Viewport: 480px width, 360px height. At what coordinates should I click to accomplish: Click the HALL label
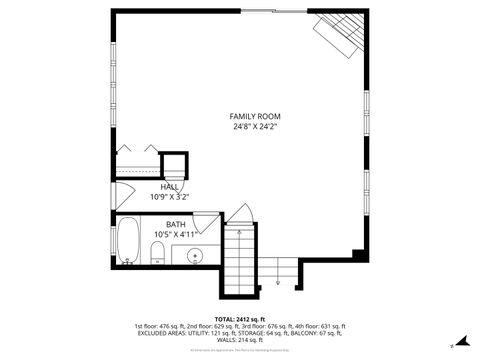[x=170, y=187]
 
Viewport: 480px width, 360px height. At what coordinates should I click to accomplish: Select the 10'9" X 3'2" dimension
[x=170, y=197]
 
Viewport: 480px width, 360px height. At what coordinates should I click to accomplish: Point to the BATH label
[x=175, y=224]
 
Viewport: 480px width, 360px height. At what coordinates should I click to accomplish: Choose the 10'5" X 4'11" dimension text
[x=175, y=234]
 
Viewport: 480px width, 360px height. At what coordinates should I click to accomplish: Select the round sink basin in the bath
[x=196, y=256]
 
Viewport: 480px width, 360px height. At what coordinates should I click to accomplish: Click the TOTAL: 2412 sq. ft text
[x=239, y=318]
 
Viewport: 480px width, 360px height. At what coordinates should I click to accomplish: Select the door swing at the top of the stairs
[x=238, y=213]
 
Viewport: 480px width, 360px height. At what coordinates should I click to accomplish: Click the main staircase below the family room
[x=239, y=262]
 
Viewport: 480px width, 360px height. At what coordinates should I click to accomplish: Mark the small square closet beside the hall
[x=175, y=165]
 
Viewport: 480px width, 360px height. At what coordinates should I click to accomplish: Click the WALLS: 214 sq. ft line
[x=239, y=341]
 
